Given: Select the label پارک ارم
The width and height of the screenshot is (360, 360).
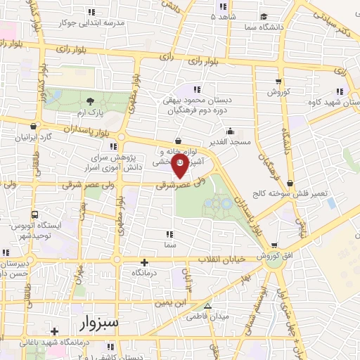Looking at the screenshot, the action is point(90,112).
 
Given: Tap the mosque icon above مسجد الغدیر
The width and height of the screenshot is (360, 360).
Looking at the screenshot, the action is point(230,131).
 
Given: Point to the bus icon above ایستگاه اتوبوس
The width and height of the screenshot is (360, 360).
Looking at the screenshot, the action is point(34,214).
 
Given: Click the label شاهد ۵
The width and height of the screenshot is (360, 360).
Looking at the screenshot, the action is point(225,15).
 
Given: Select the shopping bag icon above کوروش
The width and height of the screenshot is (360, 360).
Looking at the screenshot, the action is point(278,81).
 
